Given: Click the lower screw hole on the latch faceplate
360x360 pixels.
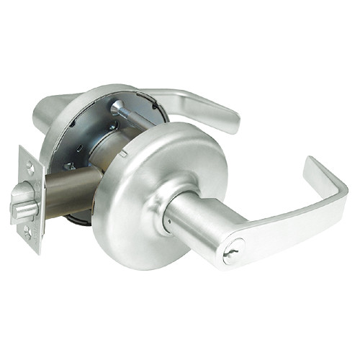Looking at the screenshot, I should pos(27,231).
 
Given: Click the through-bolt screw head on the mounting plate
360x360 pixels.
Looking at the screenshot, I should pos(117,108).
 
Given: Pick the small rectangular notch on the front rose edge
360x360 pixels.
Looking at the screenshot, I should pos(124,152).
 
